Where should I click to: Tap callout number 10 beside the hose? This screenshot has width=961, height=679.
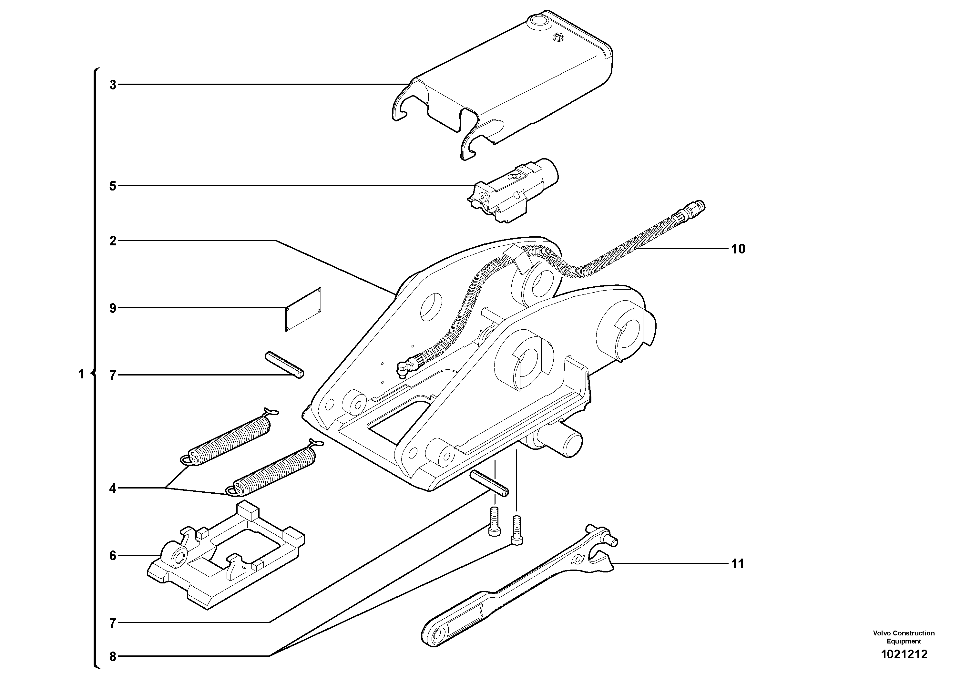(x=738, y=249)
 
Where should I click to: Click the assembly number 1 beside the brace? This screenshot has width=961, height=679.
(x=82, y=374)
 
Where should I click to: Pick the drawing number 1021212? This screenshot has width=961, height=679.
(x=904, y=654)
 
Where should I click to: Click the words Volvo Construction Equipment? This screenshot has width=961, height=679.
(x=904, y=637)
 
